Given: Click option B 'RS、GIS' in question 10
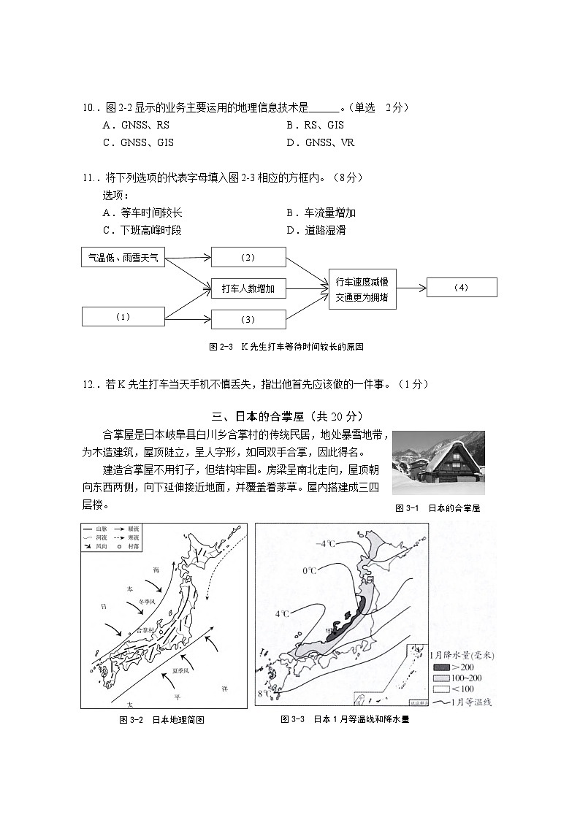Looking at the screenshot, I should tap(315, 125).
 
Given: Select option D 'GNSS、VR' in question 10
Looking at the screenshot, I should tap(321, 142).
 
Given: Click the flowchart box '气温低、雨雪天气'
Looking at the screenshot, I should tap(123, 257).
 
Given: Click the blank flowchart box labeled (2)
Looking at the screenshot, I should tap(248, 257).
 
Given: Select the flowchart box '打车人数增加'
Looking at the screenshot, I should tap(248, 288).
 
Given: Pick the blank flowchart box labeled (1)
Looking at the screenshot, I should tap(123, 316).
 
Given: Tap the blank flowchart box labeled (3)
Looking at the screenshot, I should tap(248, 319).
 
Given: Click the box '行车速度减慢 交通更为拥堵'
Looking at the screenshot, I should tap(362, 289).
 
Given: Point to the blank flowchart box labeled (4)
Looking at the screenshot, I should tap(462, 287).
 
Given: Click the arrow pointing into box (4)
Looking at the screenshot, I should tap(411, 288).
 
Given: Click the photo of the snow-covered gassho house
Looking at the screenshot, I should tap(438, 463).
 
